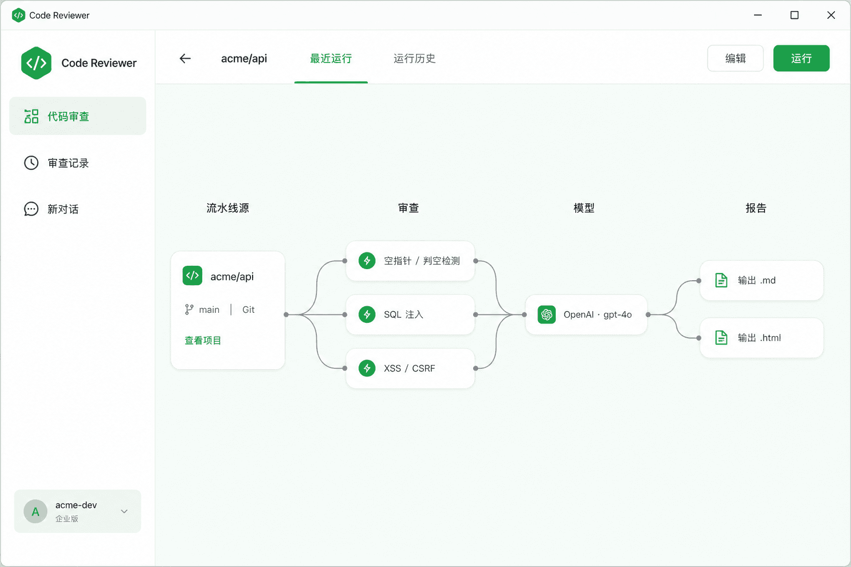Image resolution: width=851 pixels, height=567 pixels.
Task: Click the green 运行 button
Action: coord(801,58)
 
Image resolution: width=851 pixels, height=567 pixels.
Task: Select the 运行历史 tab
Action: coord(414,59)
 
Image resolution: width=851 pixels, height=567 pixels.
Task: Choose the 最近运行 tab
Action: coord(331,59)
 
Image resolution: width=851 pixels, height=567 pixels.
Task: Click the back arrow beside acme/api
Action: coord(185,59)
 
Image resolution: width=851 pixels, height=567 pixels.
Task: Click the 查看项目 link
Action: coord(202,341)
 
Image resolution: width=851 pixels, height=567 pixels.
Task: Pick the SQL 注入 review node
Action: coord(411,315)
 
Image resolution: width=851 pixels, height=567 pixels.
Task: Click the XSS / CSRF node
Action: coord(411,368)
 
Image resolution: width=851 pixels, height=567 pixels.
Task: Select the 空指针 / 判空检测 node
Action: coord(411,261)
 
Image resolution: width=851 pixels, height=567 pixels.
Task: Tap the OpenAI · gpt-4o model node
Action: coord(586,315)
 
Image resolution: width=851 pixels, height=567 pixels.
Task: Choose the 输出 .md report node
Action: coord(762,280)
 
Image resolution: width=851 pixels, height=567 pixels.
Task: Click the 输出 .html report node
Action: coord(762,338)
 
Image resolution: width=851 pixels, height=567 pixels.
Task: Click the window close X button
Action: coord(831,15)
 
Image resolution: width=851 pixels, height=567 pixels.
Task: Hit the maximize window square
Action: coord(794,15)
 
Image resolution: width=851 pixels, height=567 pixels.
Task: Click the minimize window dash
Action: coord(758,15)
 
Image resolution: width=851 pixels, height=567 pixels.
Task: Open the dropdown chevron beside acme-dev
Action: coord(124,511)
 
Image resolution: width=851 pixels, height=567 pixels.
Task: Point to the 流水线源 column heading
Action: coord(228,208)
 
